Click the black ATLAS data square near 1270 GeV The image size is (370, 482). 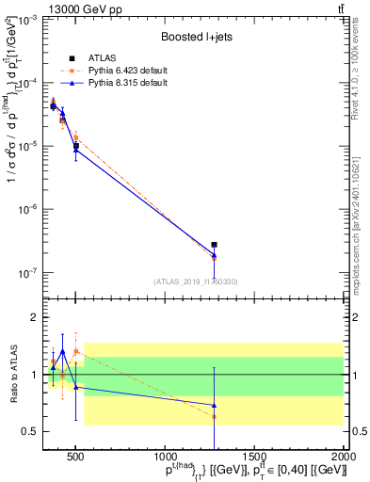point(215,245)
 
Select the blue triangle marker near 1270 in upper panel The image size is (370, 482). point(215,255)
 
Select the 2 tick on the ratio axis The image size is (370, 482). point(32,317)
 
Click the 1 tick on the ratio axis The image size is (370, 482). point(32,375)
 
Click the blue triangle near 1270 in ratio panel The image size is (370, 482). point(215,405)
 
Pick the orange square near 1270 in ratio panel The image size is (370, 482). point(215,416)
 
